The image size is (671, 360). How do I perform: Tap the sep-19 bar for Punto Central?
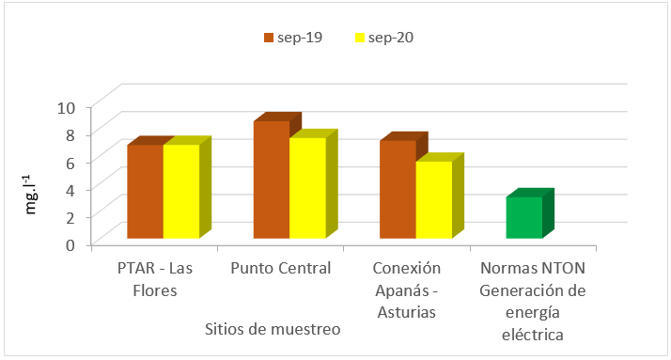(x=271, y=180)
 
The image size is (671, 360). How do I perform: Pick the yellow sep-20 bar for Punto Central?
(x=307, y=187)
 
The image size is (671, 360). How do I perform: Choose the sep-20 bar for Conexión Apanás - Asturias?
(x=433, y=199)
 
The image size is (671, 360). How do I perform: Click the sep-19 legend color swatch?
(x=268, y=38)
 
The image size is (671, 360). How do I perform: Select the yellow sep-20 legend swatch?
(x=359, y=38)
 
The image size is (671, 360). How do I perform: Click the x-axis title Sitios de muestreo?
(x=273, y=330)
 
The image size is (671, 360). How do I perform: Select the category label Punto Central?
(x=281, y=269)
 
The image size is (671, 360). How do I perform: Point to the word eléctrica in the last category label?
(x=532, y=333)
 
